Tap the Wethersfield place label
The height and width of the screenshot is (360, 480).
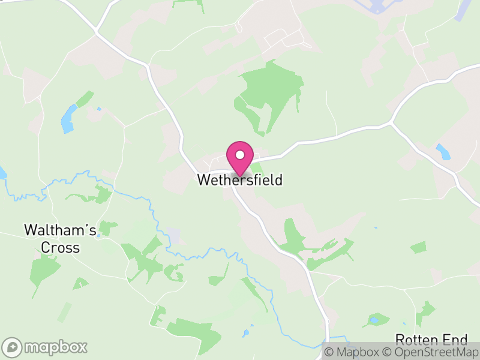click(240, 180)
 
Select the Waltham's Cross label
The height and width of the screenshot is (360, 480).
click(60, 238)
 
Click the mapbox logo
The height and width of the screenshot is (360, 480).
click(46, 347)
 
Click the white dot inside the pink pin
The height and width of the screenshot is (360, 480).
click(240, 155)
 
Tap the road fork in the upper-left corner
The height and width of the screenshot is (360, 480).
click(96, 31)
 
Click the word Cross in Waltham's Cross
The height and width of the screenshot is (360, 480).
click(60, 247)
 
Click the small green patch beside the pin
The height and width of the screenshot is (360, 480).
click(256, 170)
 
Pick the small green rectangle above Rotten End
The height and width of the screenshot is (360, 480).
click(418, 247)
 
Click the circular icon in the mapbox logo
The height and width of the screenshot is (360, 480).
click(13, 347)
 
